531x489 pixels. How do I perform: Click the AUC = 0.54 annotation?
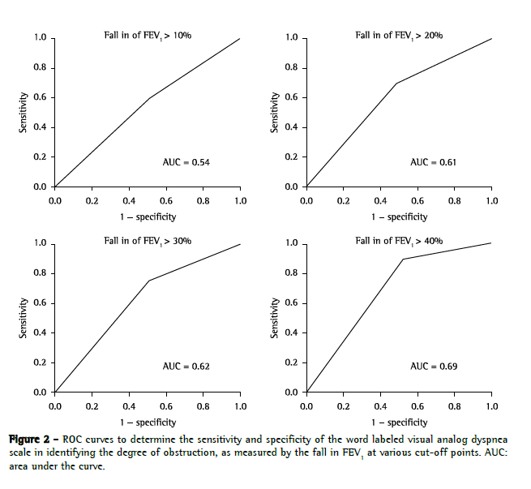[x=186, y=163]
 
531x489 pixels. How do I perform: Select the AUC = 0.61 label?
[x=433, y=162]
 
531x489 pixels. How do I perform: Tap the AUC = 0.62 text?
[x=186, y=367]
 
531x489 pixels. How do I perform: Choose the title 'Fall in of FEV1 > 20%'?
[x=399, y=36]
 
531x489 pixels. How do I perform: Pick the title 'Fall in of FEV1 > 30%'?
[x=148, y=241]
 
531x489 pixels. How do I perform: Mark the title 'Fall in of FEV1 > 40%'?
[x=399, y=241]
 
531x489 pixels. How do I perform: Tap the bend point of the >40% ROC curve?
[x=403, y=259]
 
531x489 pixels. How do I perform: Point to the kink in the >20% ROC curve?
[x=396, y=83]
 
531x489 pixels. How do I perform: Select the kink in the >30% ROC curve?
[x=148, y=281]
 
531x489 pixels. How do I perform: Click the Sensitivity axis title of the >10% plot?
[x=24, y=113]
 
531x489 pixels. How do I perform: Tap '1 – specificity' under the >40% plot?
[x=399, y=422]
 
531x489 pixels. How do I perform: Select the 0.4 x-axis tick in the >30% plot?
[x=130, y=404]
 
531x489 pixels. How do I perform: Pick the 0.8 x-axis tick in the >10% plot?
[x=203, y=199]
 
